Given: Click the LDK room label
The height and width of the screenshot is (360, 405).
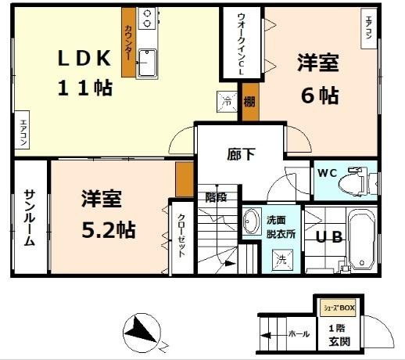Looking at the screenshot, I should tap(86, 57).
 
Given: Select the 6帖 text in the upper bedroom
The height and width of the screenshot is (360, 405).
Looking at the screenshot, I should tap(320, 95).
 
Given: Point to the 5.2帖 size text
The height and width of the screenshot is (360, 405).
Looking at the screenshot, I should tap(108, 229).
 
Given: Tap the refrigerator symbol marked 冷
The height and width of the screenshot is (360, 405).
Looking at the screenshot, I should tap(225, 102).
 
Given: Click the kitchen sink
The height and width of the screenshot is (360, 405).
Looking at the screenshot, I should tap(147, 63).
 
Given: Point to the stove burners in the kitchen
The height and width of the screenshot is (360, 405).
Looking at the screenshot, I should tap(147, 16).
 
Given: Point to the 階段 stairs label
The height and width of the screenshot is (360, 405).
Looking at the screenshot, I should tap(216, 196).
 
